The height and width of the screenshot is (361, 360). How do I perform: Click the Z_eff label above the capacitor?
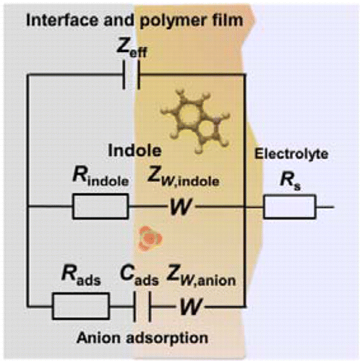(132, 48)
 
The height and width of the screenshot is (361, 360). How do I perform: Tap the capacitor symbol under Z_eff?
(132, 75)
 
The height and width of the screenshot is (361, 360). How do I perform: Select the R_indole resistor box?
(100, 206)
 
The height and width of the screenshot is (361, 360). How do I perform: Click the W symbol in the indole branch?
(181, 206)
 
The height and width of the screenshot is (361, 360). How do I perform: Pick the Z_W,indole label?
(184, 178)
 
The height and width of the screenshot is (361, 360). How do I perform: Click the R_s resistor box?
(290, 206)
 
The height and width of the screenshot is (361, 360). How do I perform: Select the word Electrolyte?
(291, 154)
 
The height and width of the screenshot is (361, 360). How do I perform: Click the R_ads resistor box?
(81, 306)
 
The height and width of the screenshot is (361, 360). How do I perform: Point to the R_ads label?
(81, 276)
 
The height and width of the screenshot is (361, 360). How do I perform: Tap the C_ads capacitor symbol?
(142, 306)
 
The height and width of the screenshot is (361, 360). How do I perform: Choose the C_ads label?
(140, 276)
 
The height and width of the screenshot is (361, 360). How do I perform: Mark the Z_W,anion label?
(201, 276)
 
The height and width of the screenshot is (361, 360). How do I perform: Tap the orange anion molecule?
(150, 239)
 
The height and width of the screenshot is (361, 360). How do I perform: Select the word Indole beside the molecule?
(134, 151)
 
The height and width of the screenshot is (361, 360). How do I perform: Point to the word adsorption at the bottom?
(167, 339)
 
